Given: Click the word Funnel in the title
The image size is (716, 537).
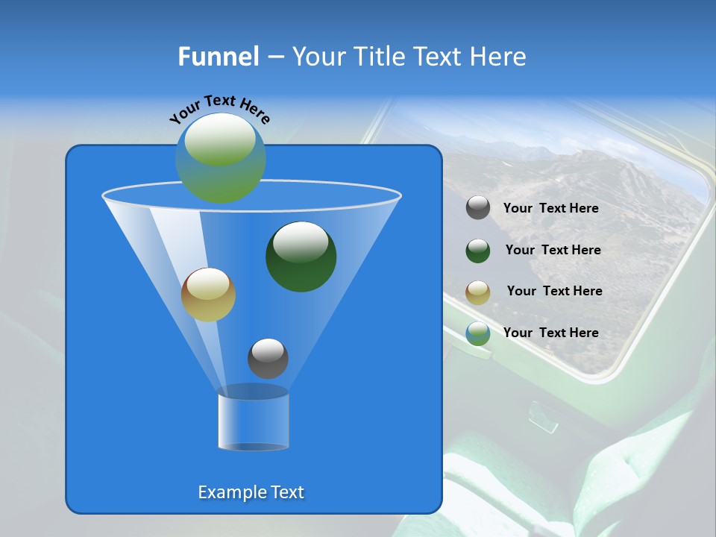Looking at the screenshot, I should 218,57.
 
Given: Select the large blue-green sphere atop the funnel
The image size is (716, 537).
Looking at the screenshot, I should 221,158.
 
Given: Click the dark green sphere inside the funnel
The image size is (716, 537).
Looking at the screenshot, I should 301,257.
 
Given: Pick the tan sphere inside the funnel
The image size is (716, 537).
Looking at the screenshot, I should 208,295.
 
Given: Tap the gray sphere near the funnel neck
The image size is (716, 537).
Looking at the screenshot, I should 268,358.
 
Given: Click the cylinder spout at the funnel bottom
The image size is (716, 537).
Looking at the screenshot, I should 253,421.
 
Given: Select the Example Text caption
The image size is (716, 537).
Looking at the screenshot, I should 251,492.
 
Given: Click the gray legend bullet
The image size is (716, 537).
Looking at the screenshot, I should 478,208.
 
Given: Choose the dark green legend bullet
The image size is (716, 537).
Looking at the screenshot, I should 478,251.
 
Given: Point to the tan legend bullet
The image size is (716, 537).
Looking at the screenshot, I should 478,292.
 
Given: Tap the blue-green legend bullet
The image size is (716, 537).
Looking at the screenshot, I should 478,333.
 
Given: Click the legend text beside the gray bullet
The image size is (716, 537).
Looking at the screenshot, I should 550,208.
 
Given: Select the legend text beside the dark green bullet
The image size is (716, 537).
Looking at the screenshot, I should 553,250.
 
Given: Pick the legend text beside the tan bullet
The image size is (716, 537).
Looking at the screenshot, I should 554,291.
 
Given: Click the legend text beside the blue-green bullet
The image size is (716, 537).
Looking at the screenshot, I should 550,333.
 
